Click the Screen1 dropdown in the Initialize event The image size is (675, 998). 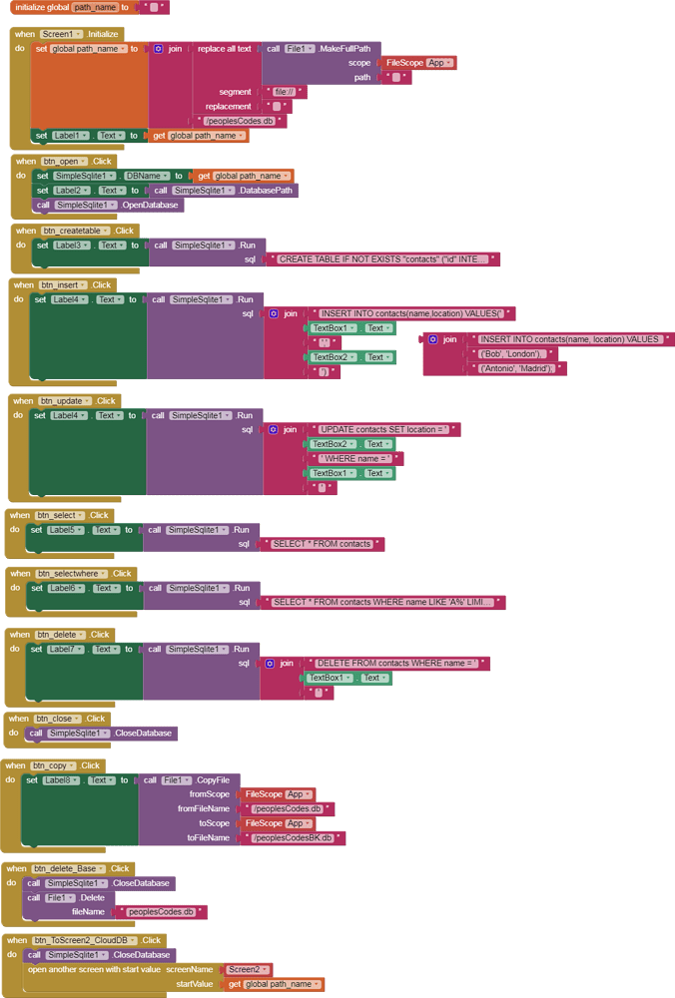(x=64, y=33)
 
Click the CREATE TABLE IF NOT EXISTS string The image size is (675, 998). (x=383, y=259)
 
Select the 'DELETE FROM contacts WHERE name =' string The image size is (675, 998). (x=396, y=663)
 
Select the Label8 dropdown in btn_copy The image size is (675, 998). (x=62, y=779)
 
